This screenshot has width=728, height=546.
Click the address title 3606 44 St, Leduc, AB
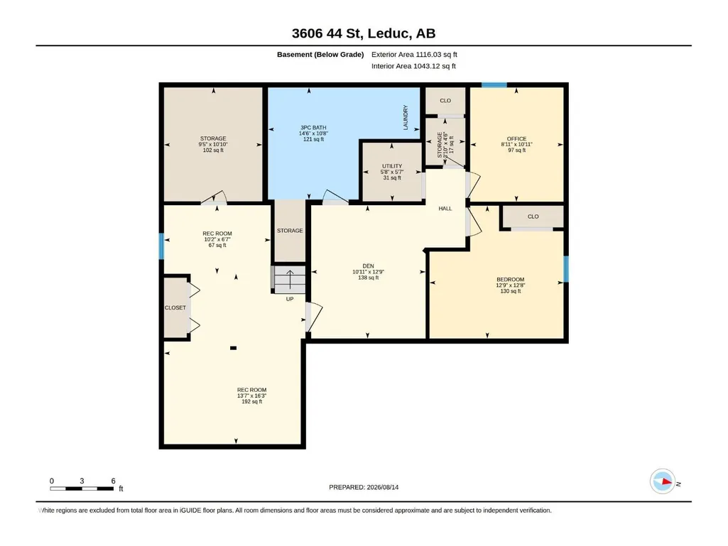click(x=364, y=33)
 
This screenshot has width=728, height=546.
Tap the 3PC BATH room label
click(x=313, y=128)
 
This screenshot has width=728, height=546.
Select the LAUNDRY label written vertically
click(x=406, y=117)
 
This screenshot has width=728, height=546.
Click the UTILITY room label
click(x=392, y=166)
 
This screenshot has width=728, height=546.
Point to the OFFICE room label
click(x=517, y=139)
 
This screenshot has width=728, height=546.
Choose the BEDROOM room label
click(x=510, y=280)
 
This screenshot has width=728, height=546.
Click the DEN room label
click(x=368, y=266)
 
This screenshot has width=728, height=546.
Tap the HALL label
click(x=445, y=209)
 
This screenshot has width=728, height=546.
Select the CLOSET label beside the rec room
click(x=175, y=308)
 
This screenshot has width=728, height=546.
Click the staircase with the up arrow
click(x=289, y=279)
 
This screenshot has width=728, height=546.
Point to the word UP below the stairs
click(x=290, y=299)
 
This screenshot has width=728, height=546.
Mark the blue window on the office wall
click(x=494, y=84)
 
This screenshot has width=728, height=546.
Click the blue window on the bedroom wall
click(x=566, y=269)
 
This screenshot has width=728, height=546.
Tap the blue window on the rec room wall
click(x=161, y=246)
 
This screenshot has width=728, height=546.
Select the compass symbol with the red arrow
click(x=663, y=481)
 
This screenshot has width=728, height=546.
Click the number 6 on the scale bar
click(x=113, y=481)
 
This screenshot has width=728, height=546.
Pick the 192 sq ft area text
click(x=251, y=402)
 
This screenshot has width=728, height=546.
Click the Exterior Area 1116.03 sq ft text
click(x=414, y=55)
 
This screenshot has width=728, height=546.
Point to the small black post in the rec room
click(x=234, y=348)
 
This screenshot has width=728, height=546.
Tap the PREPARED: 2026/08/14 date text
click(x=364, y=488)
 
